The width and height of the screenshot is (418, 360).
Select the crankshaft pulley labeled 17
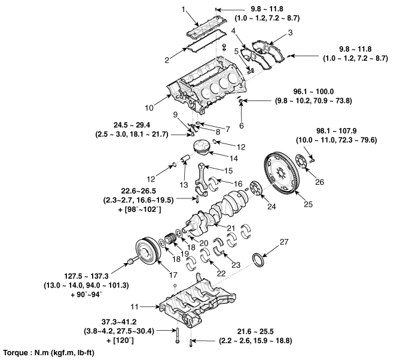145,251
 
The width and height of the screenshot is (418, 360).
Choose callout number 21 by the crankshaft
230,228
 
